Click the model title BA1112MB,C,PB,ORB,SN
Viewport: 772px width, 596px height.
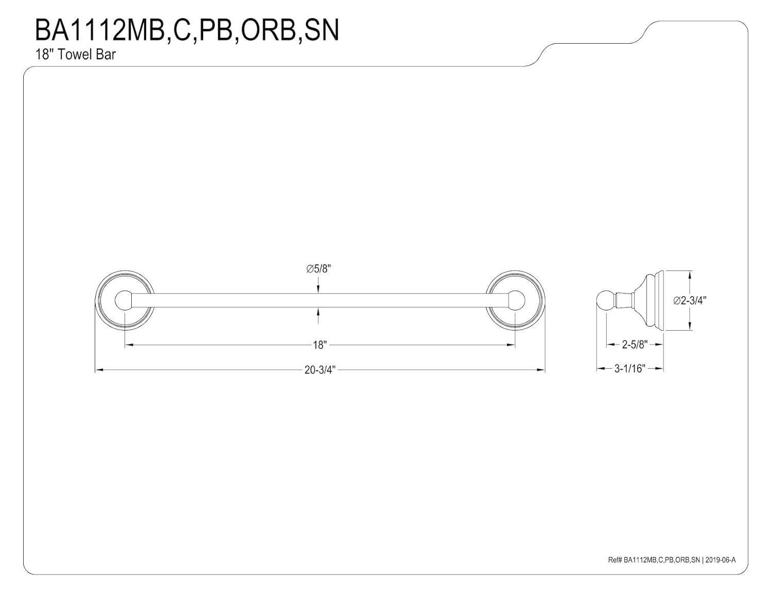click(x=186, y=30)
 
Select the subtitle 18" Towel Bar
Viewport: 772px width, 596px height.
click(x=75, y=55)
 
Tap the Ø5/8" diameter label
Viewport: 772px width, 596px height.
click(x=319, y=268)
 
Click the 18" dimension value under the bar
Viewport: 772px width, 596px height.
click(x=320, y=345)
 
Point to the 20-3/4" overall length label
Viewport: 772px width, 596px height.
click(x=320, y=370)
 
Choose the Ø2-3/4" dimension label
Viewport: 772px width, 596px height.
click(x=690, y=301)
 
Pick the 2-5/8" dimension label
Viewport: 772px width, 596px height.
click(x=634, y=345)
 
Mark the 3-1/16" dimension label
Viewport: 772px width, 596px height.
click(x=629, y=369)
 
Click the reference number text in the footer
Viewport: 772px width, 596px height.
click(x=654, y=561)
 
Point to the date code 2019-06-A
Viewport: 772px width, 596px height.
click(x=721, y=561)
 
